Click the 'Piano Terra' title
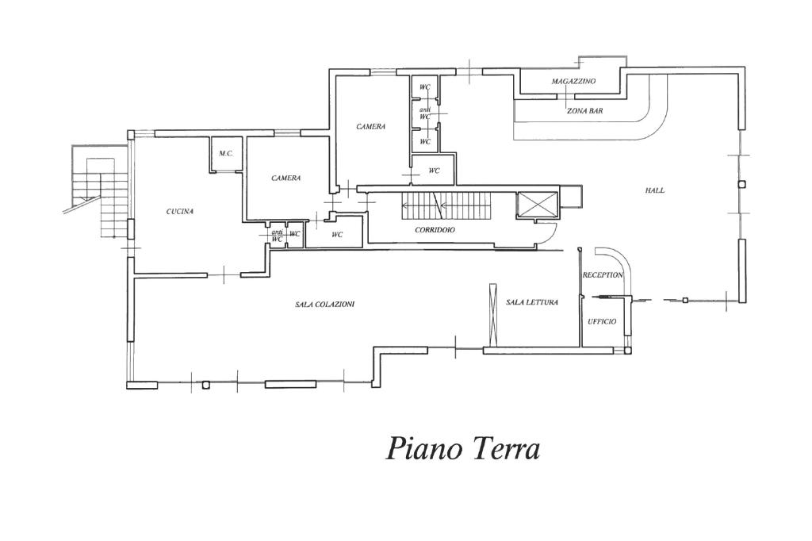464,448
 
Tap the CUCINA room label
180,211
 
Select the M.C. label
225,153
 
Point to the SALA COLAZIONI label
325,305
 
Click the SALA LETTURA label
532,302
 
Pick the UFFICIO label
602,321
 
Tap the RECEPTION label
603,275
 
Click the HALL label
655,190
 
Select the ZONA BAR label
584,111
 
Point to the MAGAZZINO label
573,82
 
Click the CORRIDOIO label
435,230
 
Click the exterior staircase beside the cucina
101,198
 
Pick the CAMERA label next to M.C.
285,178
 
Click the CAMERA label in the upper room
370,127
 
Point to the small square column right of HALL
741,184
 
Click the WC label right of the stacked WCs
434,171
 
